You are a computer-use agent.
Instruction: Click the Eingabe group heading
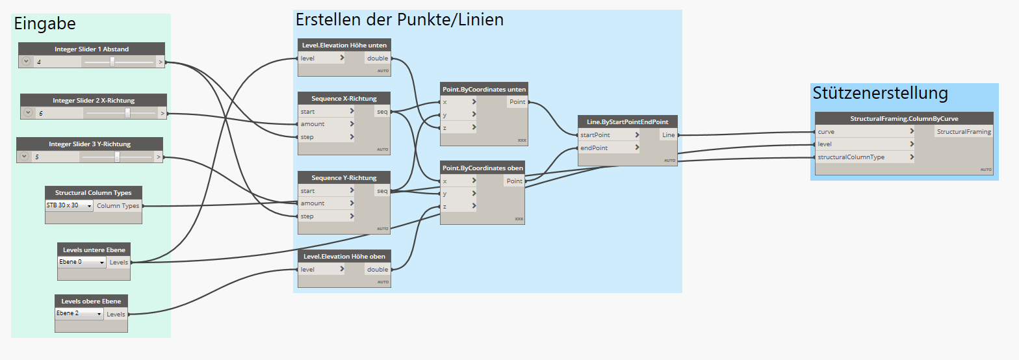coord(45,24)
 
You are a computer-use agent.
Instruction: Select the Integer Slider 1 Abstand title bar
coord(91,49)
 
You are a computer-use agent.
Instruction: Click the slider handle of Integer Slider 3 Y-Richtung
coord(117,157)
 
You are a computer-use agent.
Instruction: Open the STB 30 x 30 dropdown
coord(69,206)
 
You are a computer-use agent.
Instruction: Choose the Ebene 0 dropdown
coord(81,263)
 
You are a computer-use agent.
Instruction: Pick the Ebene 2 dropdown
coord(79,314)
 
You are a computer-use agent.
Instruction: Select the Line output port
coord(668,135)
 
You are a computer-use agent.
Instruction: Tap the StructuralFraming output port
coord(964,132)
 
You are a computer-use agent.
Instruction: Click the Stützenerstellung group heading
coord(880,93)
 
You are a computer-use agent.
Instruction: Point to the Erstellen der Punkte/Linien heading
coord(399,19)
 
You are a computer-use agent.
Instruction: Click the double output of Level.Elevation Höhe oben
coord(377,270)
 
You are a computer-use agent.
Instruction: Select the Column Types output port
coord(118,206)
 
